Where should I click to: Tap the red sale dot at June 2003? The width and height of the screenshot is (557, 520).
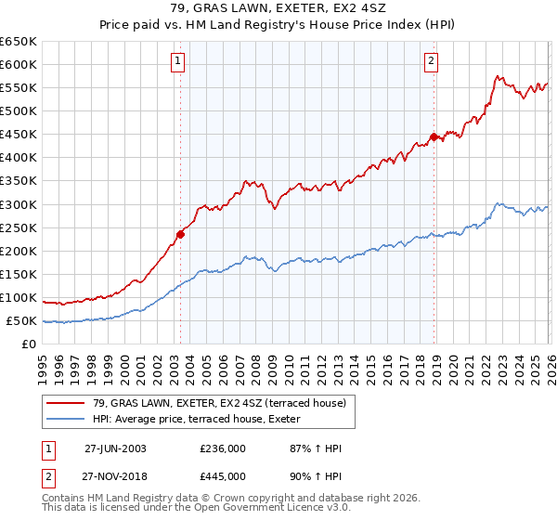[x=180, y=234]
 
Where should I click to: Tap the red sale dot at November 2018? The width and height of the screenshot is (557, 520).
[x=434, y=136]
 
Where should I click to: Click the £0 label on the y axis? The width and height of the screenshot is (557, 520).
[x=29, y=344]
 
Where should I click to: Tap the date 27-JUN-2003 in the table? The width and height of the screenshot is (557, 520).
[x=115, y=448]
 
